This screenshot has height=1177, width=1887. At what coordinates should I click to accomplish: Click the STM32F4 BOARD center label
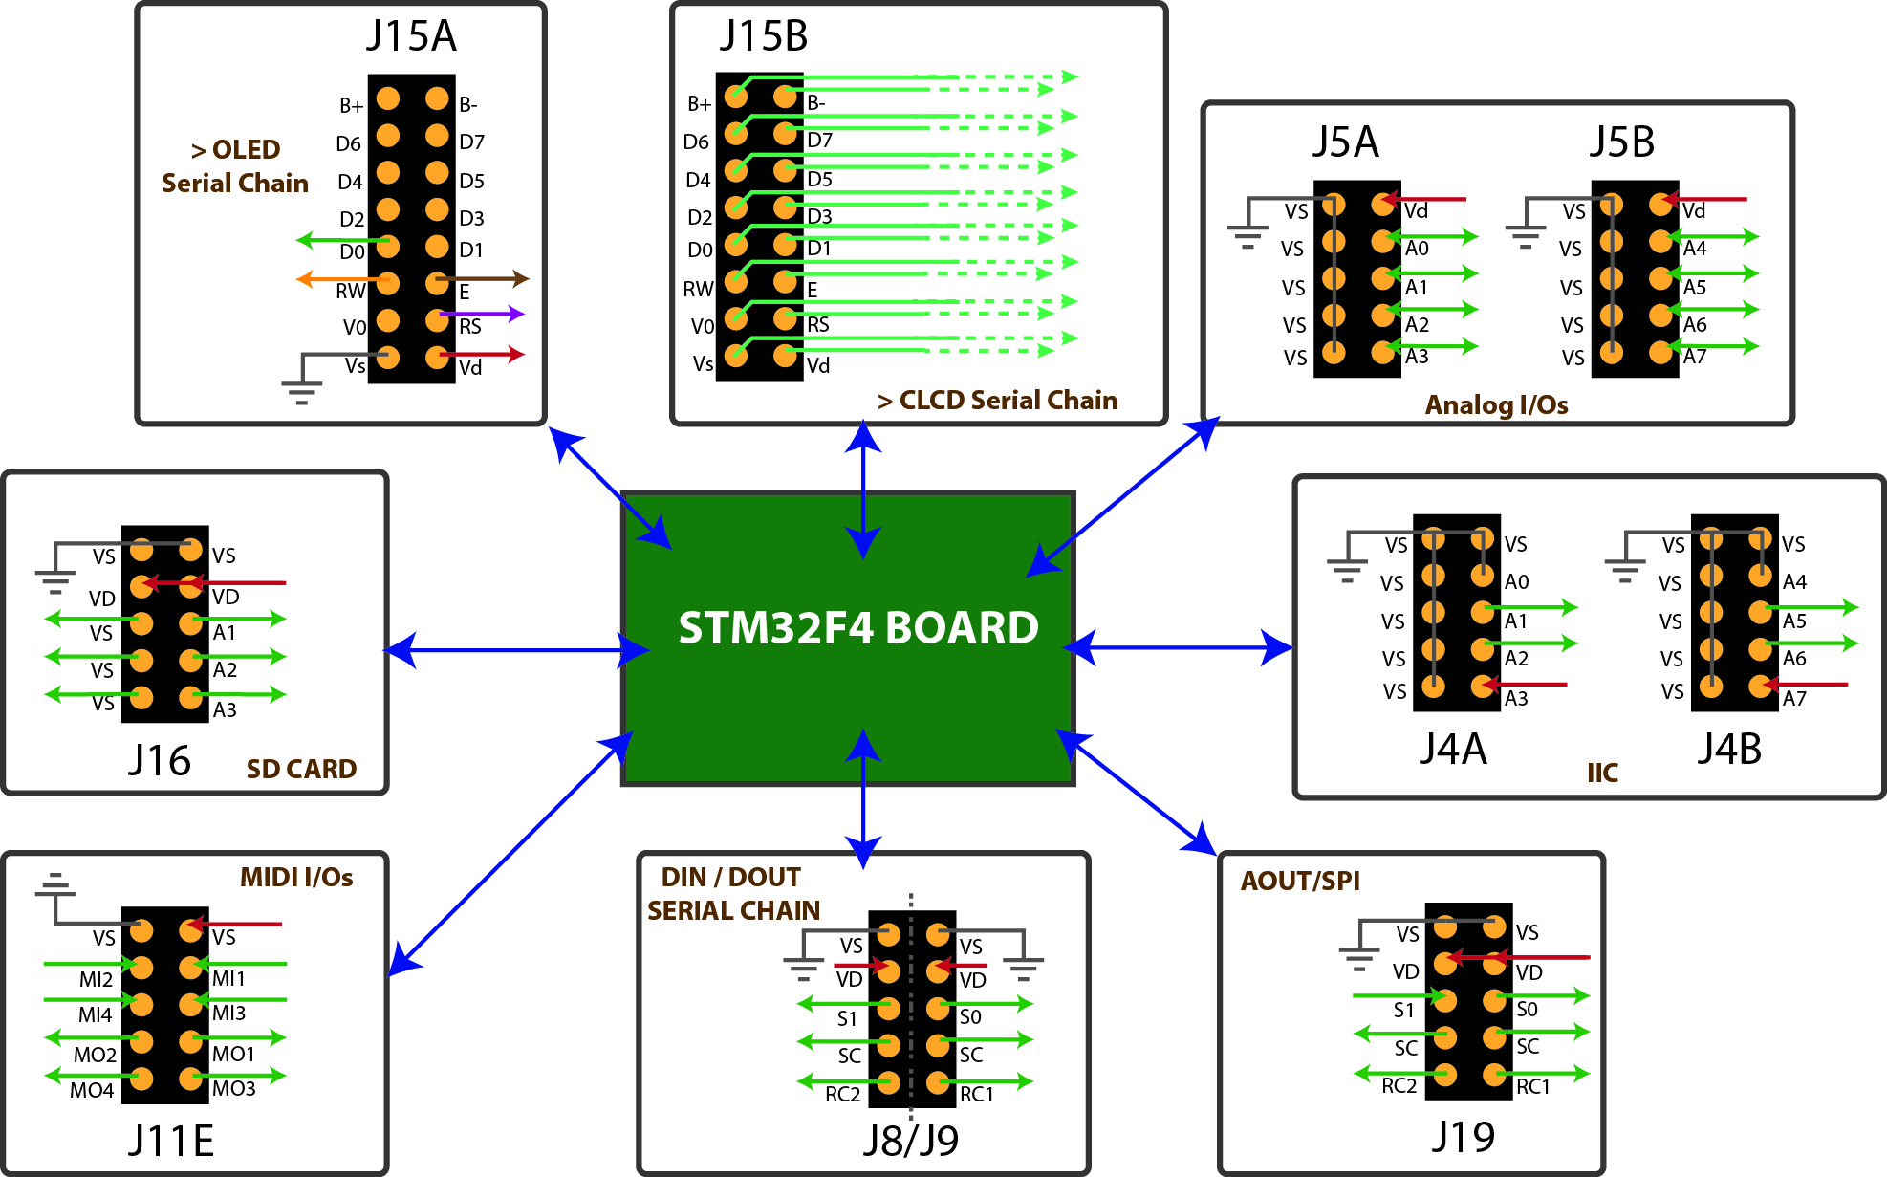(857, 628)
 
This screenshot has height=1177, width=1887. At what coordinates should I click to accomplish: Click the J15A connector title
(411, 36)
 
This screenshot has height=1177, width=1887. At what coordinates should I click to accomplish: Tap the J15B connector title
(763, 36)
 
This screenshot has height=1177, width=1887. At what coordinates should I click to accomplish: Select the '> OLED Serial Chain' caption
(235, 166)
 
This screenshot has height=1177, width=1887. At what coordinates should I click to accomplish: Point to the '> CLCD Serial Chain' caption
(997, 401)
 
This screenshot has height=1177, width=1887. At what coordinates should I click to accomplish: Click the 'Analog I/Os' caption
(1496, 405)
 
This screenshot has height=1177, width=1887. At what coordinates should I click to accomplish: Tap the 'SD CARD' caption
(301, 769)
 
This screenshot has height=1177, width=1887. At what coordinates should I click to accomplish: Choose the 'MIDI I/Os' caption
(296, 878)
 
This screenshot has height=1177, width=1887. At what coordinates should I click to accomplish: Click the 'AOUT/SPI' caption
(1300, 881)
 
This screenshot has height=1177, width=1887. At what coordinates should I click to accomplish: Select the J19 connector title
(1463, 1137)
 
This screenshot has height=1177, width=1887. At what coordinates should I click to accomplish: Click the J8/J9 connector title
(910, 1140)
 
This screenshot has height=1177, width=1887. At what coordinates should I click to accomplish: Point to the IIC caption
(1602, 773)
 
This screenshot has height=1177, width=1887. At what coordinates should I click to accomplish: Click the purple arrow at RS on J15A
(482, 314)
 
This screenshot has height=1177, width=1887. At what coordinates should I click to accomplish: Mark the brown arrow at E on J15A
(482, 279)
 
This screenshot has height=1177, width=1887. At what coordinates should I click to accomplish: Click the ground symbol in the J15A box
(301, 390)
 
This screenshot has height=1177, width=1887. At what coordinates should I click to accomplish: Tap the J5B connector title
(1622, 142)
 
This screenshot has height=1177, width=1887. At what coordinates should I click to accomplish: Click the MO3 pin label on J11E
(234, 1089)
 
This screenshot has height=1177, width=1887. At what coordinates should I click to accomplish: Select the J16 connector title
(160, 761)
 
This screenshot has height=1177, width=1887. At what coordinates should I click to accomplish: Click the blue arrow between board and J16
(516, 650)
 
